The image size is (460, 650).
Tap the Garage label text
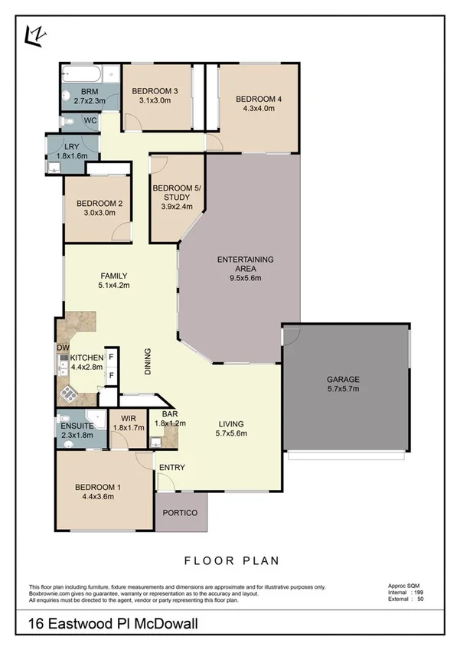tap(343, 379)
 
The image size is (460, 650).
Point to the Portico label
tap(181, 512)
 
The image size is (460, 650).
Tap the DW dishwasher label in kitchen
tap(62, 348)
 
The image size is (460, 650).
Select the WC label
tap(90, 121)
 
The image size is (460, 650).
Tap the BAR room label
tap(165, 414)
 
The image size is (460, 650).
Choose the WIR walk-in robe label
tap(128, 419)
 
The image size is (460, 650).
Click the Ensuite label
tap(77, 426)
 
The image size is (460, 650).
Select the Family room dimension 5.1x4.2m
tap(114, 286)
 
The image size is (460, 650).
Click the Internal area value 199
tap(417, 593)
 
